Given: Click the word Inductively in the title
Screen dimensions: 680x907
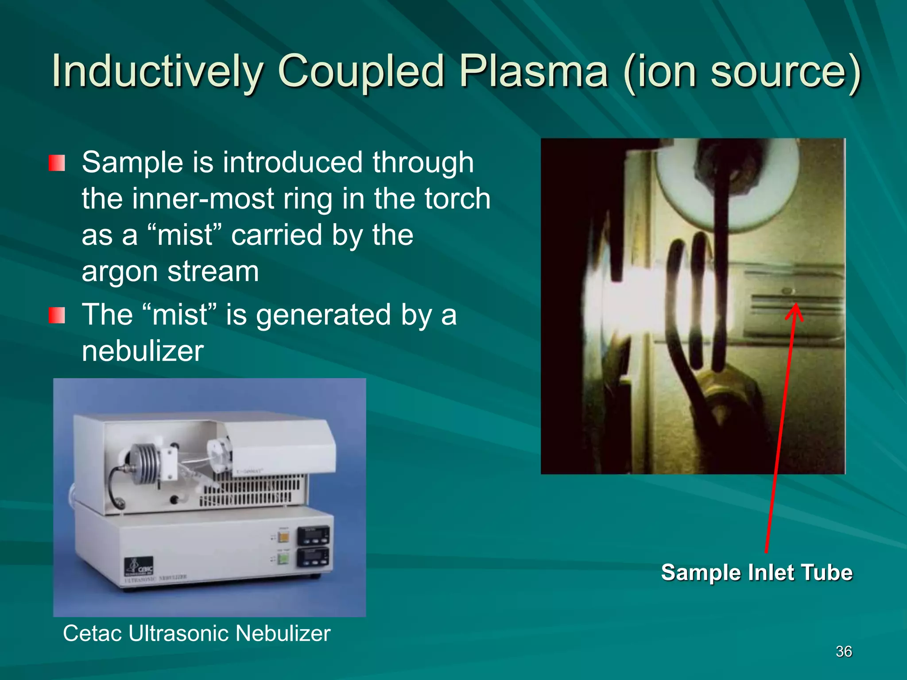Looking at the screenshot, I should (157, 71).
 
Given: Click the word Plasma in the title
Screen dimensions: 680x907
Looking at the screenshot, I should (533, 71).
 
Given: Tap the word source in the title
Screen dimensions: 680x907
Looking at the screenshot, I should (779, 71).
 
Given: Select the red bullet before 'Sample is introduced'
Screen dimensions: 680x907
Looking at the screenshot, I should (57, 163).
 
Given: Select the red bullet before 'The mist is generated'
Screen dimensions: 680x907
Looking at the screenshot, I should (57, 315).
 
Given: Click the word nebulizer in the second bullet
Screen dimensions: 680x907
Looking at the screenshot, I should (143, 351).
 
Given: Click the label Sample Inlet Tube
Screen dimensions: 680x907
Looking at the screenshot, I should (756, 572).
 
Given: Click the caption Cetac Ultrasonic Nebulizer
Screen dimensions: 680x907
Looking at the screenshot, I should (197, 633).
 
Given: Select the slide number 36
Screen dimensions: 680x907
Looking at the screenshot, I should (844, 651).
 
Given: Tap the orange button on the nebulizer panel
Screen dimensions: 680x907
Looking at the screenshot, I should (283, 537).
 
